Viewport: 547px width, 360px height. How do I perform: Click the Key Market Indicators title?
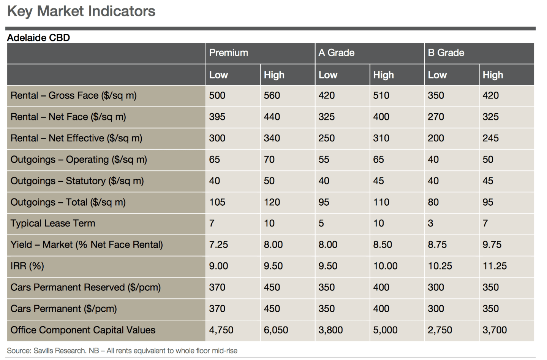click(x=81, y=11)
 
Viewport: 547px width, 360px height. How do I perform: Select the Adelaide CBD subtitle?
click(x=39, y=38)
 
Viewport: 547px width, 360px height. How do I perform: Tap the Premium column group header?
click(x=229, y=53)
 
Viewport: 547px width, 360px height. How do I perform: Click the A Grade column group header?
click(x=336, y=53)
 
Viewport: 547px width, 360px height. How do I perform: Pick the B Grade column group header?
click(x=446, y=53)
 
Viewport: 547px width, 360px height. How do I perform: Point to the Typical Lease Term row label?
click(x=53, y=224)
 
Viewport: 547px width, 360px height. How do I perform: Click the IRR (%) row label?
click(x=27, y=266)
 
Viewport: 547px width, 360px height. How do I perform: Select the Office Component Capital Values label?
click(x=83, y=330)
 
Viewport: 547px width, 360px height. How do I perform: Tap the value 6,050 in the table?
click(x=276, y=330)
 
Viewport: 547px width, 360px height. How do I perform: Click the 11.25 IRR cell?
click(x=495, y=266)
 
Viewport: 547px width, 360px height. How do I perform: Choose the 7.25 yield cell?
click(x=218, y=245)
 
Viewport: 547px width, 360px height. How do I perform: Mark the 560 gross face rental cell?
click(x=272, y=95)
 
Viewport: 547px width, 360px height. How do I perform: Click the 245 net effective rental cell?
click(x=491, y=138)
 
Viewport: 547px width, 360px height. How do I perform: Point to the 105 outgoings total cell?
click(x=217, y=202)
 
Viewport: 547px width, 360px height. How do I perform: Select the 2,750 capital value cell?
click(x=440, y=330)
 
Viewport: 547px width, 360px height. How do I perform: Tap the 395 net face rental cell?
click(x=217, y=117)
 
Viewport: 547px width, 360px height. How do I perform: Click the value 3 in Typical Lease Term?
click(x=430, y=224)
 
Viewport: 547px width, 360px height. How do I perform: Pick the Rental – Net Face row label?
click(x=68, y=117)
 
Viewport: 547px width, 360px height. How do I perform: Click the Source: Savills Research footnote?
click(x=122, y=351)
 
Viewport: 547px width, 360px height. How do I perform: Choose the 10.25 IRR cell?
click(x=440, y=266)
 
